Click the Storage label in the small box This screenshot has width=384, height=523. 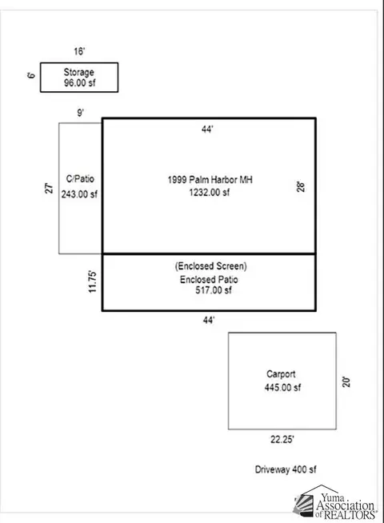(78, 73)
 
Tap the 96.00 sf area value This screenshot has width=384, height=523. (80, 82)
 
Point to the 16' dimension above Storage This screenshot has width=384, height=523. (79, 51)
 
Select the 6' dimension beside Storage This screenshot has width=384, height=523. (31, 75)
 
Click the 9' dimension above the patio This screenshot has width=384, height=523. (81, 113)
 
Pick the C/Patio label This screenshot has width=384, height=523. (80, 179)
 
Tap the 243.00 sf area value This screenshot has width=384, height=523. (79, 194)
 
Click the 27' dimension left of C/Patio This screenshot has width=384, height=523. (49, 188)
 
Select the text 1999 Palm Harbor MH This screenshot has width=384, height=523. (210, 180)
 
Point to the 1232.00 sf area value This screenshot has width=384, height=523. (210, 193)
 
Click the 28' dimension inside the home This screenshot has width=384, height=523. (301, 186)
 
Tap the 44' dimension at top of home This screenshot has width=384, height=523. (207, 129)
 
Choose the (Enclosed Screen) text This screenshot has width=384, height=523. (211, 266)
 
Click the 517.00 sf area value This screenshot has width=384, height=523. (214, 290)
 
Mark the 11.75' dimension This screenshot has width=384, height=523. (93, 282)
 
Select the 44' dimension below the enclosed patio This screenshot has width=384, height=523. (209, 320)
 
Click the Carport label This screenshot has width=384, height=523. (281, 374)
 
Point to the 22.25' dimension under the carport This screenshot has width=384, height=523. (282, 439)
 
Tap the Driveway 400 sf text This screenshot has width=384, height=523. (286, 469)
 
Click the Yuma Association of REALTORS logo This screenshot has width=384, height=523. (335, 502)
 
